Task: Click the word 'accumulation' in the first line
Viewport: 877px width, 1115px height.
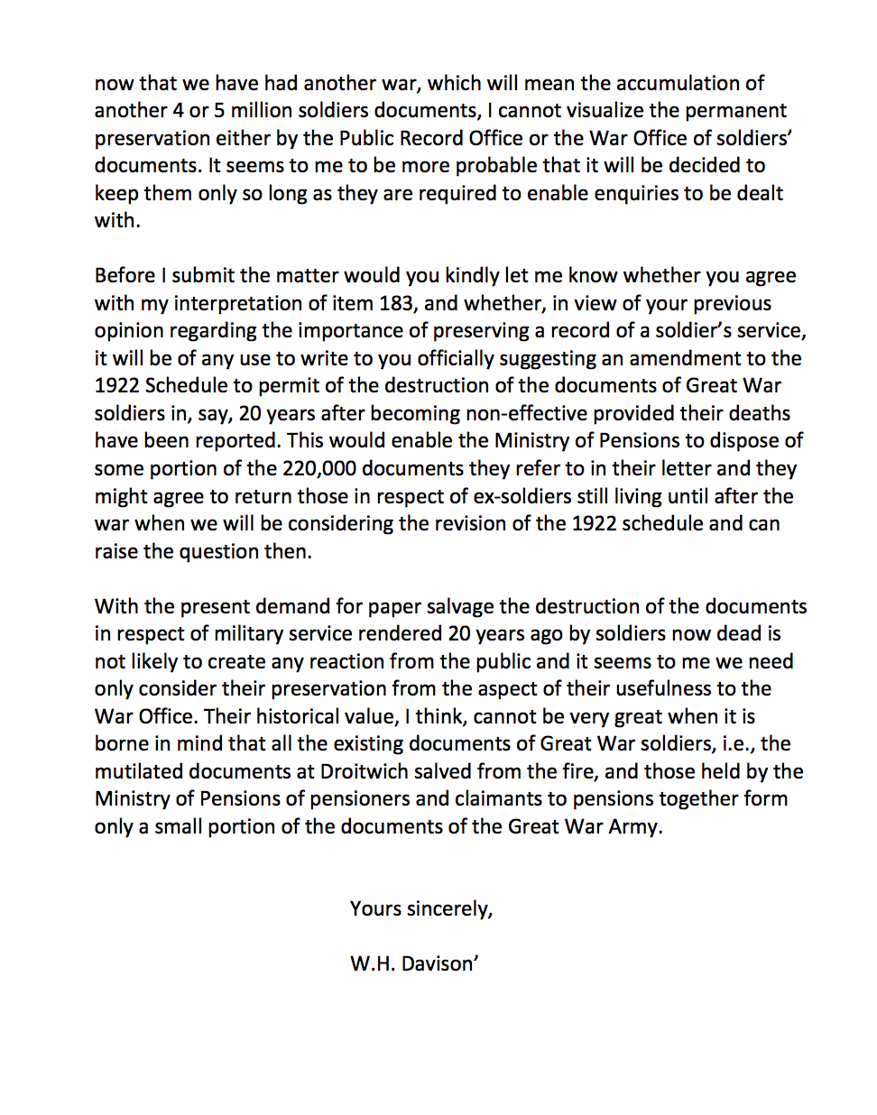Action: pos(678,84)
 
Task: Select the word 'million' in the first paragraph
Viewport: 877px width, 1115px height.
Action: pos(263,111)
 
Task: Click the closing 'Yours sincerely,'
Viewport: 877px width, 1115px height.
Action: pos(421,908)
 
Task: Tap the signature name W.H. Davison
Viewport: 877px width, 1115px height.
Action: pos(413,963)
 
